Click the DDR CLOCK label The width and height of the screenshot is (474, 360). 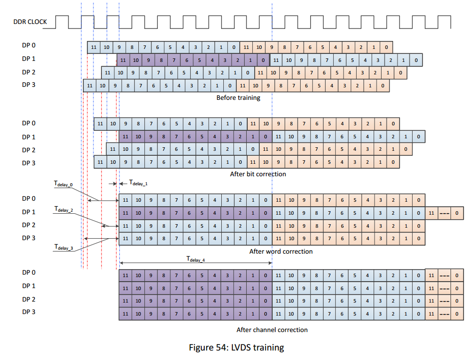[30, 21]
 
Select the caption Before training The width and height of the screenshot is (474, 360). [238, 98]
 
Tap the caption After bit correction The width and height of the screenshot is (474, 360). [258, 174]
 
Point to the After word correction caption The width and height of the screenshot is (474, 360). [281, 251]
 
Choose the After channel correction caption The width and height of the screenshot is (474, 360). [272, 330]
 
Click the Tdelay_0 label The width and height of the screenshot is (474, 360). [63, 185]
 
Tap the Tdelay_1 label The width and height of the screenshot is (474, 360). [138, 183]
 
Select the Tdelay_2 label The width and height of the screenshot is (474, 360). [64, 210]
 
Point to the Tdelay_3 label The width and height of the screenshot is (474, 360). [64, 247]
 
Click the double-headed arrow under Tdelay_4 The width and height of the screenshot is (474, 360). [195, 263]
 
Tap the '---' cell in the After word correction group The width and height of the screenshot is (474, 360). [444, 213]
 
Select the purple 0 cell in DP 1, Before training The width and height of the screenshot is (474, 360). [263, 60]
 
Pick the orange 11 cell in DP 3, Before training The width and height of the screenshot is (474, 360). [243, 85]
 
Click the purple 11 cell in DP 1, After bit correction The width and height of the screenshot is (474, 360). [125, 136]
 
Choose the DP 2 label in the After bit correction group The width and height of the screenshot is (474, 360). [29, 149]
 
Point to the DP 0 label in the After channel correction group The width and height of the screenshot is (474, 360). [29, 273]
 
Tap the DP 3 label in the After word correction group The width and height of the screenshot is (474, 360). [29, 238]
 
